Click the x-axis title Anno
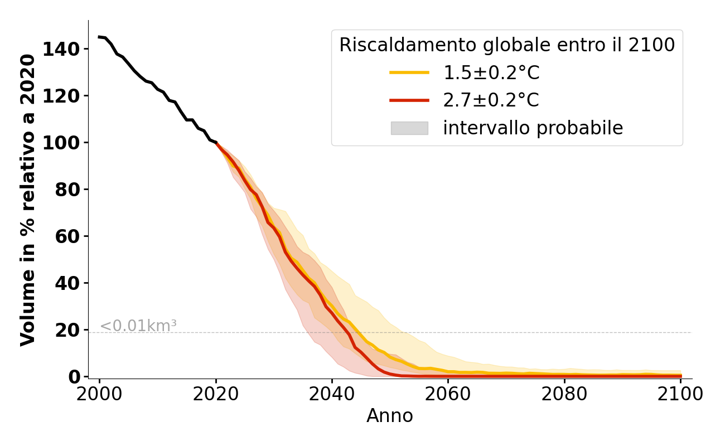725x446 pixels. click(x=390, y=416)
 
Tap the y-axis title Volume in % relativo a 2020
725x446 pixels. click(x=28, y=200)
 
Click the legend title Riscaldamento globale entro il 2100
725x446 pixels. click(x=507, y=45)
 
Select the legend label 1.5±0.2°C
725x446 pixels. click(x=491, y=73)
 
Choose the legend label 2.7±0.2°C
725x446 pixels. click(x=491, y=100)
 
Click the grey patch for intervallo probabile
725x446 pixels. click(x=409, y=128)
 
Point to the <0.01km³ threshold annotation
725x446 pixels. click(x=138, y=326)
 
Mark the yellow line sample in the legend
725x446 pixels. click(x=409, y=72)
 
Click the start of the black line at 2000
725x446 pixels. click(x=99, y=37)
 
